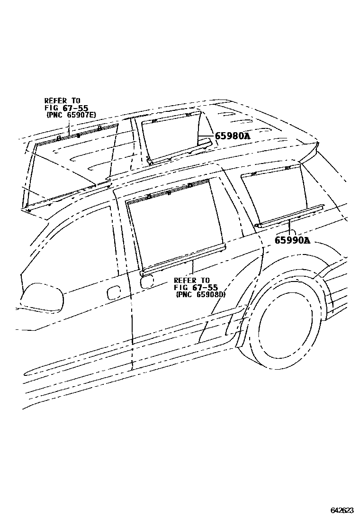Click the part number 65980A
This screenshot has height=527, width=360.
click(232, 136)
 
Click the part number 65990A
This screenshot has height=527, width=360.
click(292, 240)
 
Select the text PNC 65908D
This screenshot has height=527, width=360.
click(200, 294)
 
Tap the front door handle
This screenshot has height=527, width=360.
click(114, 293)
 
